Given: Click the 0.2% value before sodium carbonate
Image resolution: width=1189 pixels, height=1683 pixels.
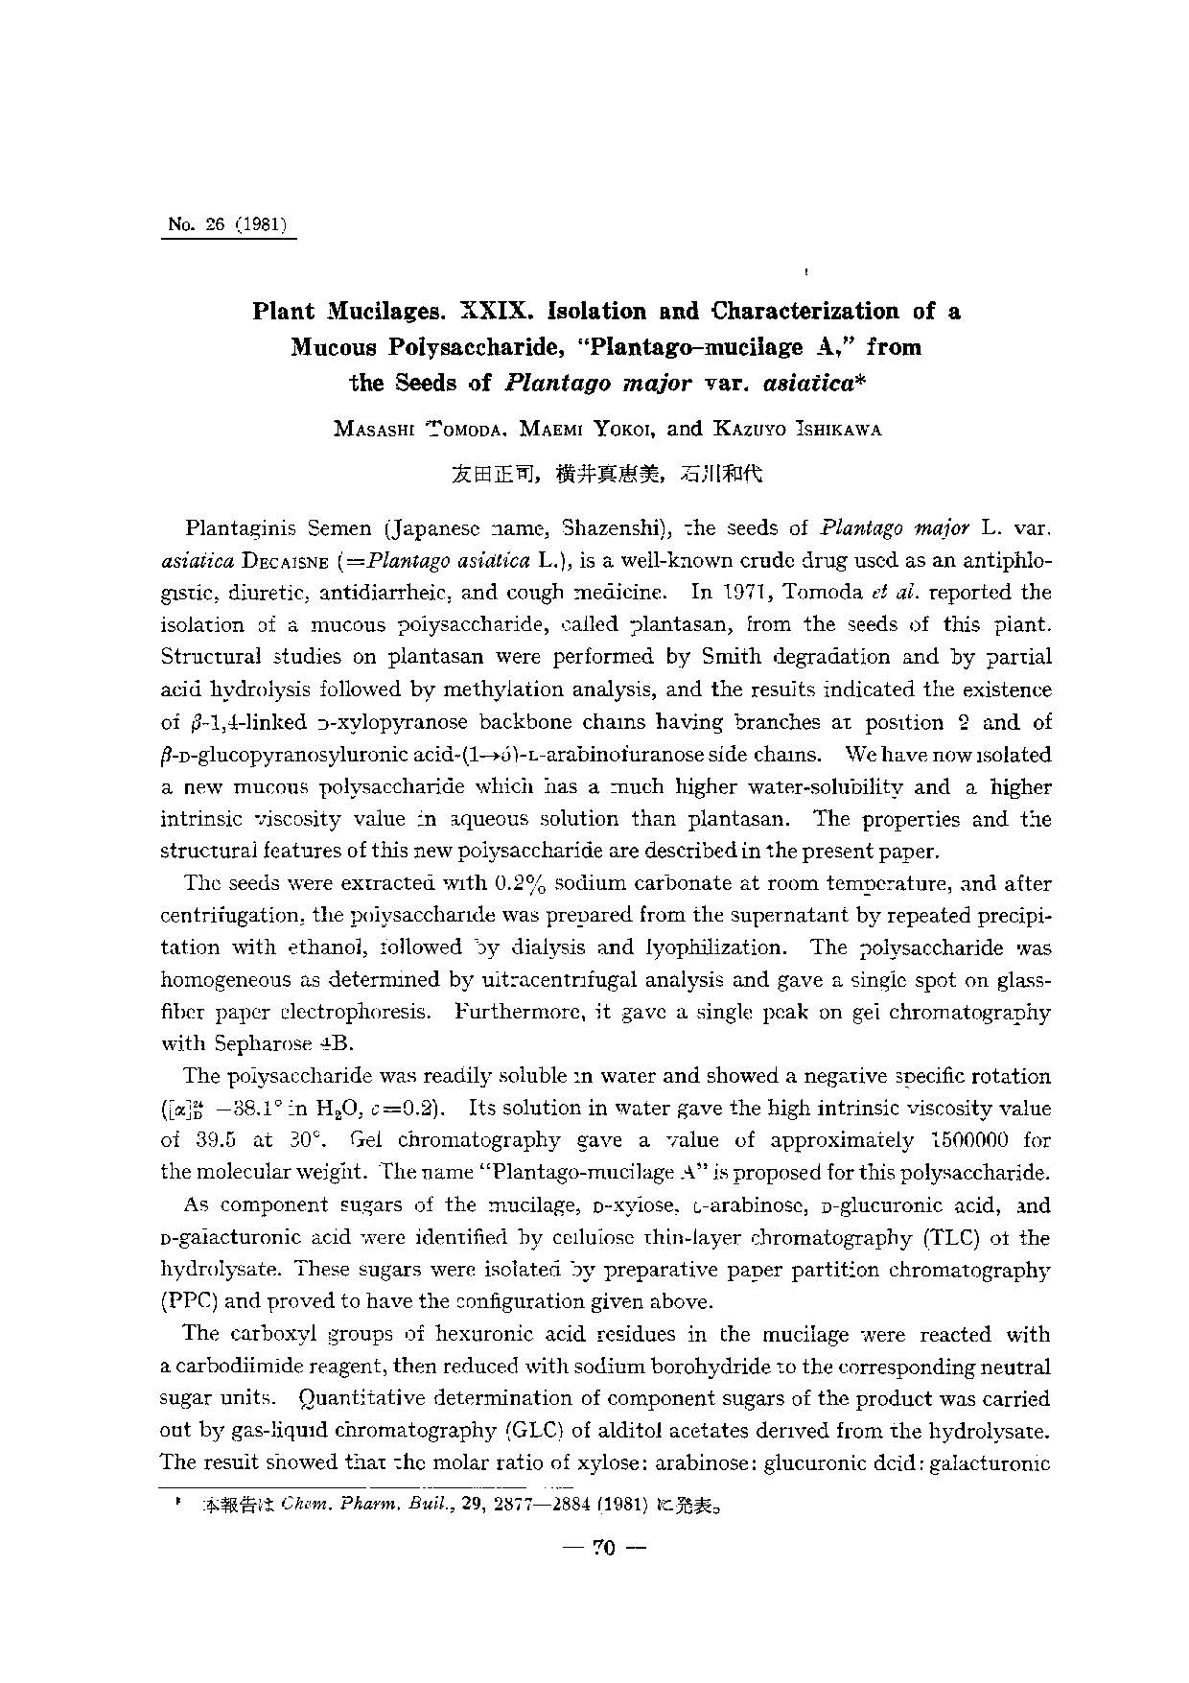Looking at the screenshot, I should click(x=524, y=883).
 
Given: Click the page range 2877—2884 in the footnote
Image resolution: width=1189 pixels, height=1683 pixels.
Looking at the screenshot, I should click(x=506, y=1507).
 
